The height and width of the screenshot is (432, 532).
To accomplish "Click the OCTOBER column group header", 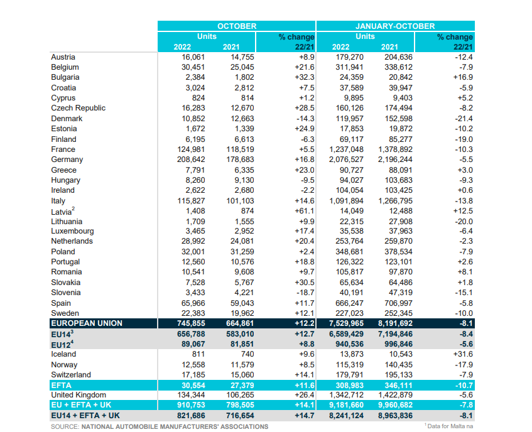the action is point(237,26).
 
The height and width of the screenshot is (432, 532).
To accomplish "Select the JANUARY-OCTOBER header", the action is point(395,26).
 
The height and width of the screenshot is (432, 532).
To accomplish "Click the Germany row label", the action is point(67,159).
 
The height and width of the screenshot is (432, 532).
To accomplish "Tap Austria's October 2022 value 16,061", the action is point(193,57).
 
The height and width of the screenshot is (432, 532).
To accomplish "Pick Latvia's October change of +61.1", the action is point(305,211).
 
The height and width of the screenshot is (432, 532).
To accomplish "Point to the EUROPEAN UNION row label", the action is point(87,323).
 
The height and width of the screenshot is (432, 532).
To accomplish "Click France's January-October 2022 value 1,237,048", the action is point(346,149).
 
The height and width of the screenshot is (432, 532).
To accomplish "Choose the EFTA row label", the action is point(61,385).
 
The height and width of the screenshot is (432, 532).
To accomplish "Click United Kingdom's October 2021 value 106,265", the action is point(240,395).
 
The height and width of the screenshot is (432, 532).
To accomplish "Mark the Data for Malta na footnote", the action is point(448,426).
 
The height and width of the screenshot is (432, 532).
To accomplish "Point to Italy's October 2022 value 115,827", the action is point(191,201).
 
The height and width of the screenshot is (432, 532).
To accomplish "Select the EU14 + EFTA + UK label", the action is point(85,416).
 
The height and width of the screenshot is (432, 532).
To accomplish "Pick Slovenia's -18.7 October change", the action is point(305,293).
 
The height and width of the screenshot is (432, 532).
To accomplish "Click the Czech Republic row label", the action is point(78,108).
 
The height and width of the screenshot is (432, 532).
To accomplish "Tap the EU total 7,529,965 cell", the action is point(346,323).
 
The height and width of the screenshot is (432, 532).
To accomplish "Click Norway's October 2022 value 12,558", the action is point(193,365).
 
